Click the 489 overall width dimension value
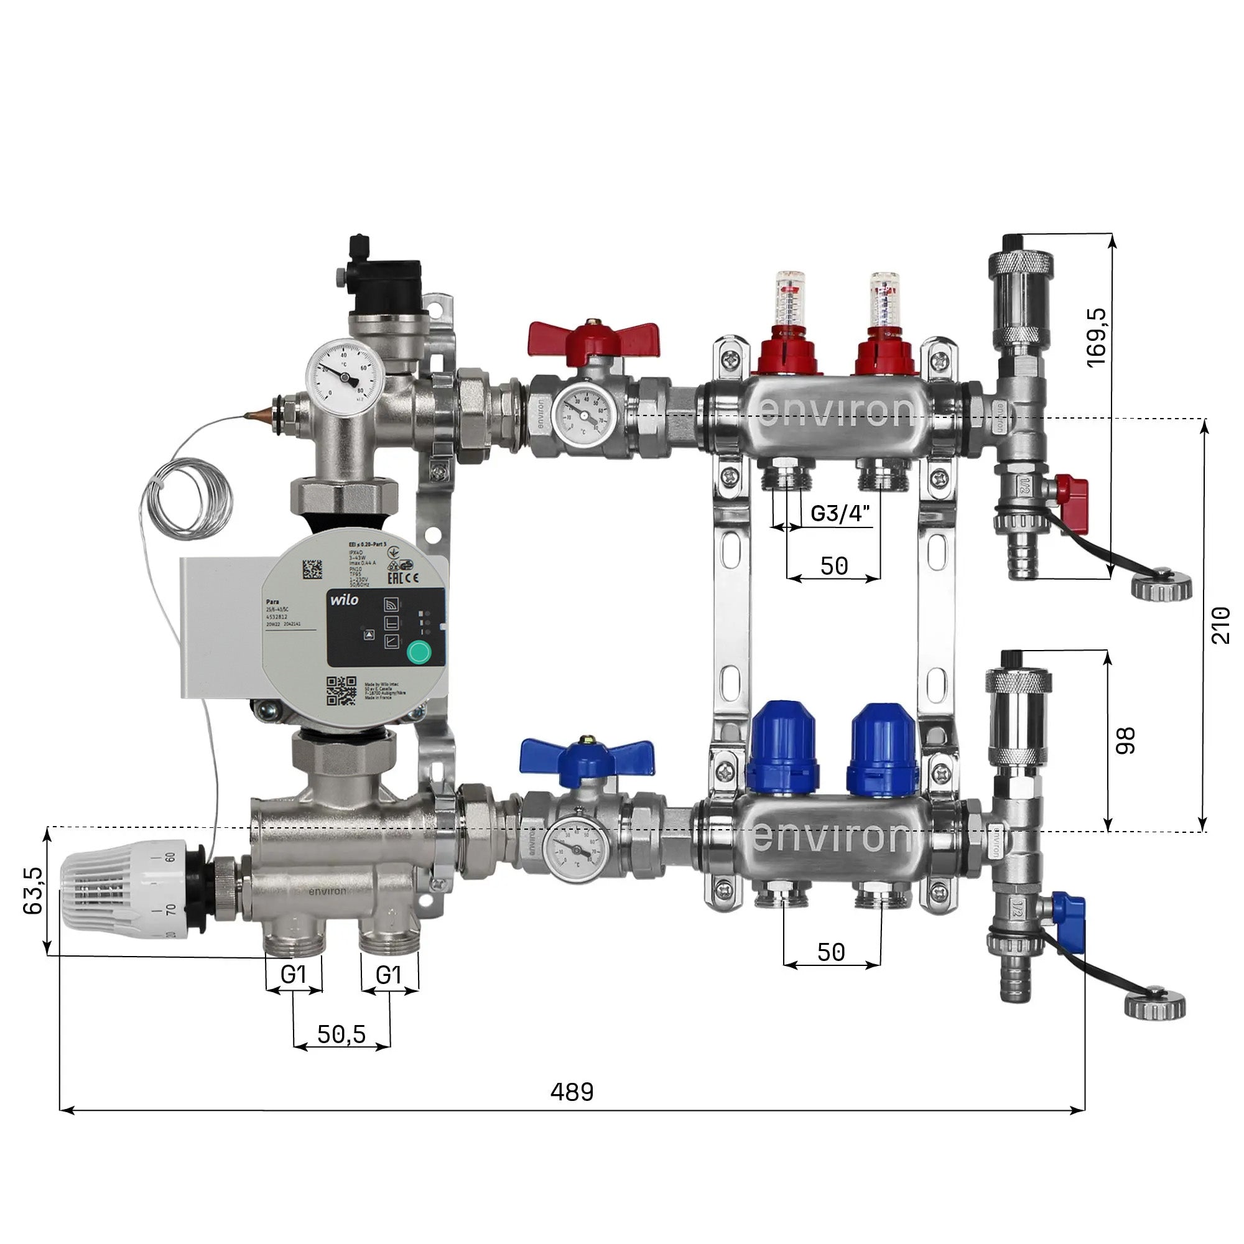coord(572,1092)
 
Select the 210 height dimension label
coord(1220,624)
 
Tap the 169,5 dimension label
coord(1097,337)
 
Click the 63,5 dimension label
coord(32,891)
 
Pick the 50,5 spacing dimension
coord(341,1035)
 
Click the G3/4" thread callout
coord(840,513)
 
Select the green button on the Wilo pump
coord(419,652)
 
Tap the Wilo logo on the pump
coord(345,600)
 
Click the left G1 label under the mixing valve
coord(294,975)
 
